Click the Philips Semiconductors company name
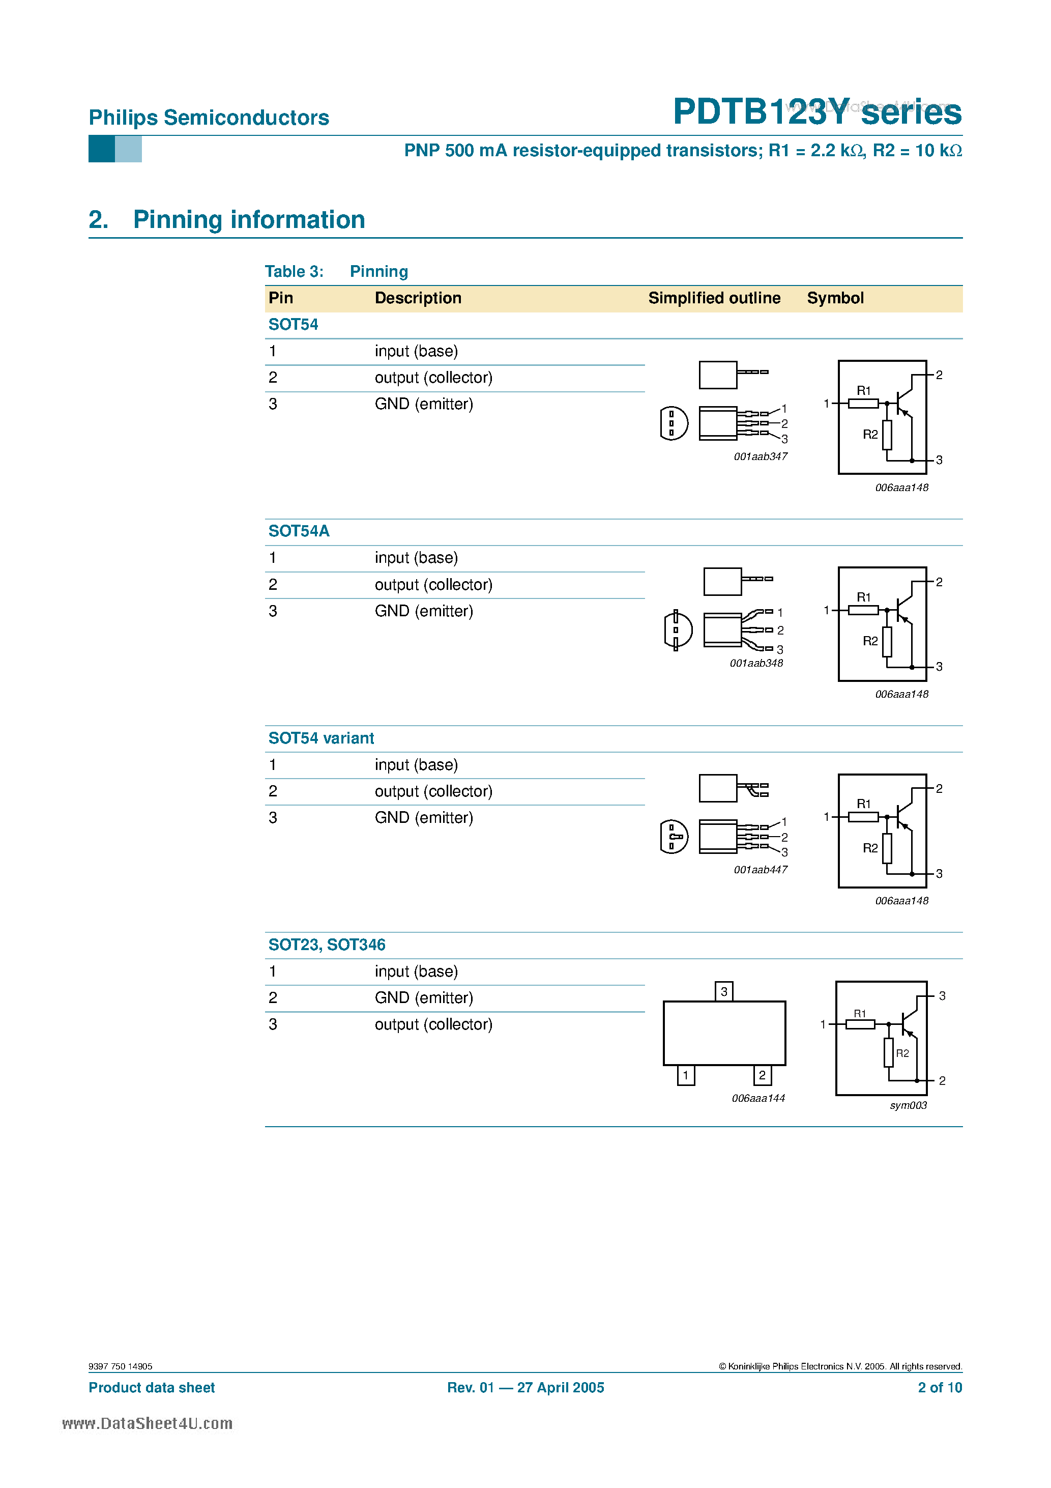coord(209,118)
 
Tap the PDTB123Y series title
coord(816,111)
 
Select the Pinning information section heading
coord(249,220)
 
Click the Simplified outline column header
coord(714,298)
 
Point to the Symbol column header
coord(835,298)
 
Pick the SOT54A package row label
coord(299,531)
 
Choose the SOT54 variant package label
coord(320,738)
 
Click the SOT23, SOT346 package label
coord(327,945)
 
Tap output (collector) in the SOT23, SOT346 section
coord(433,1024)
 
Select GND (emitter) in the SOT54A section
coord(424,611)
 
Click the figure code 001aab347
coord(760,456)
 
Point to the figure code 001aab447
coord(760,870)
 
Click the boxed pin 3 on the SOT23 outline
coord(724,991)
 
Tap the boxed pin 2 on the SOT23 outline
coord(762,1075)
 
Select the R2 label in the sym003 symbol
coord(902,1053)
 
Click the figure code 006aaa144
coord(758,1098)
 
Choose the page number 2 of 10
coord(940,1388)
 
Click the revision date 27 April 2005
coord(561,1388)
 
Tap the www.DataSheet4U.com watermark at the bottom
coord(147,1423)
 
